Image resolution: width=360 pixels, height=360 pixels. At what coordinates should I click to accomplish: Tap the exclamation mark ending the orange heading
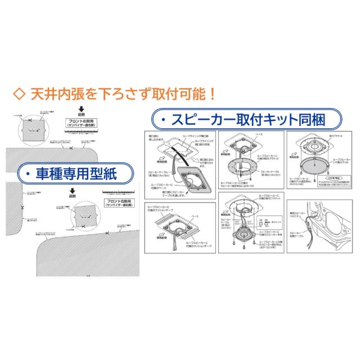pyautogui.click(x=213, y=92)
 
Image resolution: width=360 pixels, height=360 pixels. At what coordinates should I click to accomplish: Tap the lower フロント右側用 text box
pyautogui.click(x=120, y=203)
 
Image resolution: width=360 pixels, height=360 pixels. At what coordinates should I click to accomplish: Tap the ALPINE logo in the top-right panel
pyautogui.click(x=337, y=177)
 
